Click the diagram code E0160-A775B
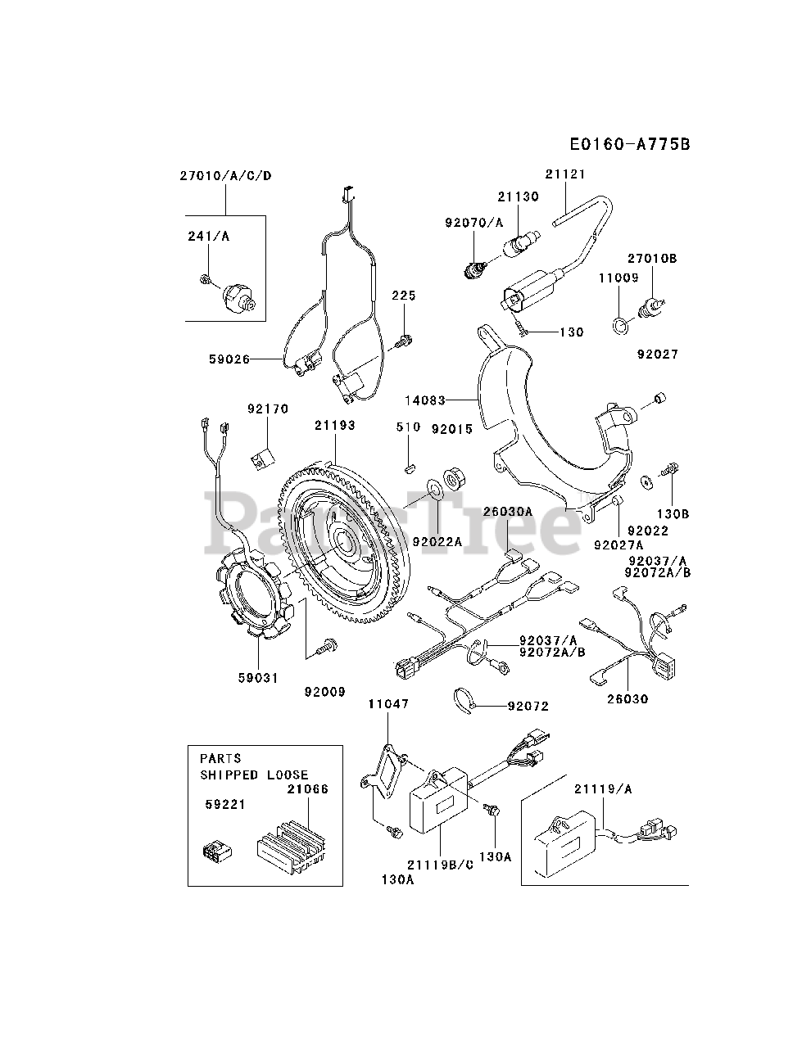(630, 144)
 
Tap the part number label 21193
(335, 425)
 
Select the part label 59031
(258, 677)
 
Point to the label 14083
(425, 400)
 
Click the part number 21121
(565, 174)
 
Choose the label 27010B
(652, 258)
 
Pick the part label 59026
(229, 359)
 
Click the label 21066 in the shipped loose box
(308, 789)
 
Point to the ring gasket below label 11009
(621, 326)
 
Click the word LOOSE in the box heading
(288, 775)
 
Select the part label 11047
(388, 704)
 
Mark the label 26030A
(507, 512)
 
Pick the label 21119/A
(603, 789)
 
